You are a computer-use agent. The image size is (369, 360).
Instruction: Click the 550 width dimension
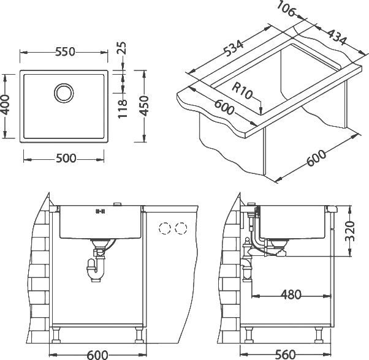[x=65, y=53]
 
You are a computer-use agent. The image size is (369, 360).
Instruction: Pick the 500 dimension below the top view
[x=66, y=159]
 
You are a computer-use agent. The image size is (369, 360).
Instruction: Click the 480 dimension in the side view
[x=291, y=294]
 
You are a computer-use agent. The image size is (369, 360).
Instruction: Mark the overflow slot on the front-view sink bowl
[x=99, y=212]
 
